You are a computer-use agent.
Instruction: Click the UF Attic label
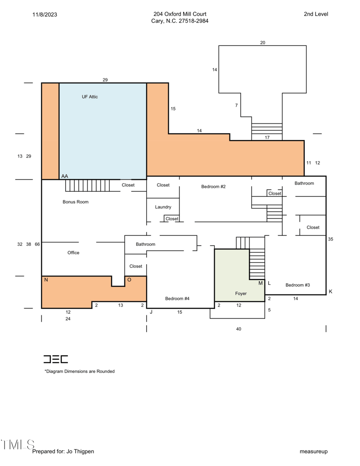[x=90, y=97]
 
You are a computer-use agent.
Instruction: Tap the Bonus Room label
[x=76, y=202]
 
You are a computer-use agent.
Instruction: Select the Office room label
[x=73, y=253]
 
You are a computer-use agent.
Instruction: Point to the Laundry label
[x=163, y=207]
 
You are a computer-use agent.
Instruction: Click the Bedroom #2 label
[x=213, y=187]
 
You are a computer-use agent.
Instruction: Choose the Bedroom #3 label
[x=297, y=285]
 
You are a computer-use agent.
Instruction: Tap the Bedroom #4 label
[x=177, y=299]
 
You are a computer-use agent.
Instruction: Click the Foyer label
[x=241, y=294]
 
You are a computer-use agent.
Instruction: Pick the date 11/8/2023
[x=45, y=14]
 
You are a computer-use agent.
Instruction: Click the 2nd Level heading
[x=316, y=14]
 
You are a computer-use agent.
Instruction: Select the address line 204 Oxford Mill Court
[x=180, y=14]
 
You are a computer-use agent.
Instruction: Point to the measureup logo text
[x=314, y=452]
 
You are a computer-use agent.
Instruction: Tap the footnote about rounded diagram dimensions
[x=80, y=371]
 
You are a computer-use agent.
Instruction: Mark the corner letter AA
[x=64, y=176]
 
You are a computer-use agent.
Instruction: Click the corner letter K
[x=331, y=292]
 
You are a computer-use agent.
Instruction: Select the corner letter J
[x=151, y=312]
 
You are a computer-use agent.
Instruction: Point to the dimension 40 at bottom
[x=238, y=329]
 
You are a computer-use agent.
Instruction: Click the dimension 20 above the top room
[x=262, y=43]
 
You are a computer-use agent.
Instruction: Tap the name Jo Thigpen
[x=80, y=452]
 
